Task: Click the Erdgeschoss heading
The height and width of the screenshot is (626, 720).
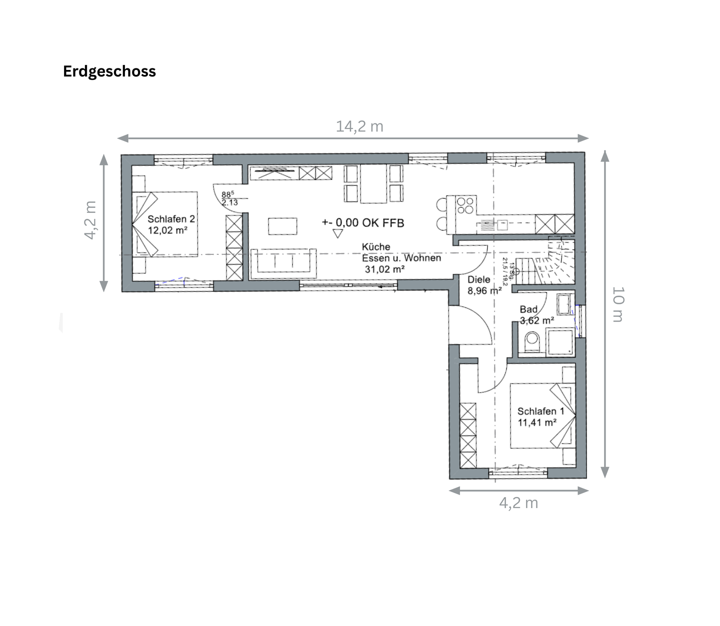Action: point(109,71)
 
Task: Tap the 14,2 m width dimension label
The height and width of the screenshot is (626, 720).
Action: point(359,126)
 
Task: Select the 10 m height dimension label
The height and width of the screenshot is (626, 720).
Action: point(618,304)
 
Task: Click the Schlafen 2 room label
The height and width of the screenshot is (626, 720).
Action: point(171,219)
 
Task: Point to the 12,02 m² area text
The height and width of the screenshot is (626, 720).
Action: point(168,230)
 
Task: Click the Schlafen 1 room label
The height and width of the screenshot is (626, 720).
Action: point(540,411)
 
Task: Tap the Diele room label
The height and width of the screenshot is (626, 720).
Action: point(479,280)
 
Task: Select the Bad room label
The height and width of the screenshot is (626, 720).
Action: point(528,309)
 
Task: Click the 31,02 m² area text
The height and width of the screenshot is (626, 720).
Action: point(384,269)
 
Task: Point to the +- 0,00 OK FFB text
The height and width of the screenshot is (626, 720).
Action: point(363,223)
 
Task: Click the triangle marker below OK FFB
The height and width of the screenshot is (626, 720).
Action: point(338,234)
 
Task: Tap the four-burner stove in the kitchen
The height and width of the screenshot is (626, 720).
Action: point(465,205)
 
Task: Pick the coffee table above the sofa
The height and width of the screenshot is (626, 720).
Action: point(282,226)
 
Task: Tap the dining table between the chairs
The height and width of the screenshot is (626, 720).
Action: point(373,184)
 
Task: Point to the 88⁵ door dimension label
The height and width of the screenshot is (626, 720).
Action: point(227,194)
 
